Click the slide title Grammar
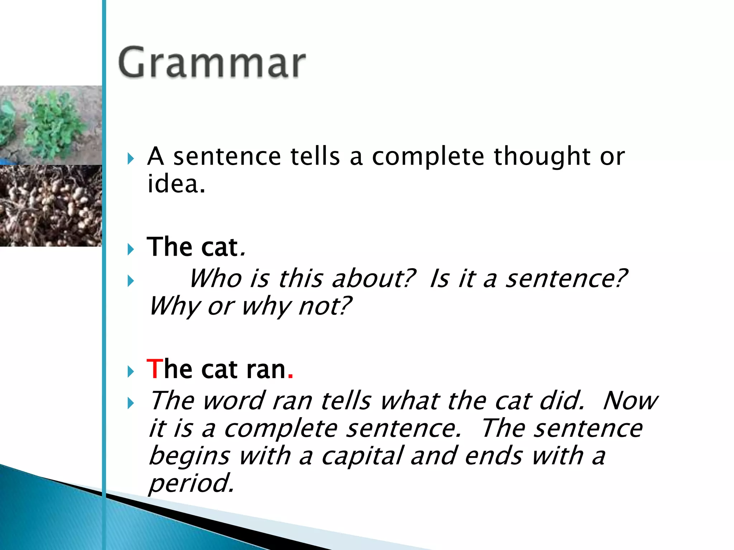point(212,63)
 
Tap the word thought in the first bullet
point(541,157)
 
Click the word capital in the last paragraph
point(362,456)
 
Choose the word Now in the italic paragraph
point(630,400)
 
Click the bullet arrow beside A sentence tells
point(131,158)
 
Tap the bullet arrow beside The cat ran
point(131,372)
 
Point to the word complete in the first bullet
point(428,157)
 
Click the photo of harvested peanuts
point(51,206)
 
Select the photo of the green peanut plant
point(51,125)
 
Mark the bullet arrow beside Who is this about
point(131,281)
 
